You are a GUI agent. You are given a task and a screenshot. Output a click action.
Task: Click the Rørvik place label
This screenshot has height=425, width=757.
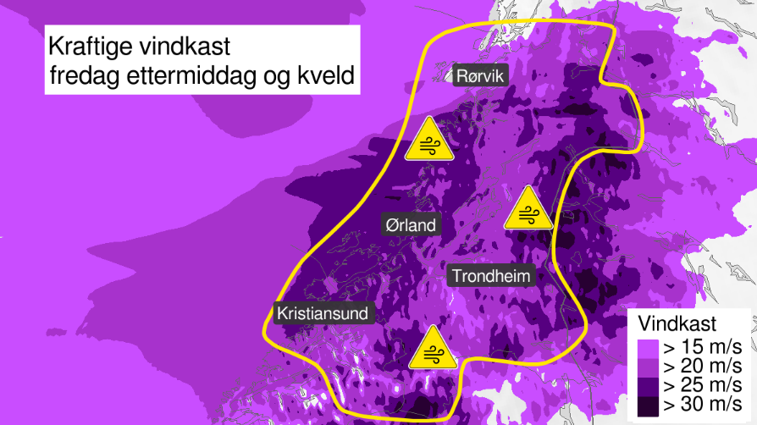(479, 77)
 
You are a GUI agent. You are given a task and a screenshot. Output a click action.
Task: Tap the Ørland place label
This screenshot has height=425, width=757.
(409, 225)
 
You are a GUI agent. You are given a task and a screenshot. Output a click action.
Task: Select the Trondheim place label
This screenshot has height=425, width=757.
(491, 276)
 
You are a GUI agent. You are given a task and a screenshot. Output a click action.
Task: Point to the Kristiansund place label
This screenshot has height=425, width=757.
(323, 313)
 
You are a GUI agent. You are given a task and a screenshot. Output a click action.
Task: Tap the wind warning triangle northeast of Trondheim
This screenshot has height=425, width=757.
(528, 209)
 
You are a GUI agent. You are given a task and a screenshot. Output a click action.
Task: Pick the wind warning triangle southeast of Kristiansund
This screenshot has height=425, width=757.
(433, 349)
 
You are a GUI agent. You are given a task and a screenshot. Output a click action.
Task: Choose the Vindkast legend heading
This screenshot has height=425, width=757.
(677, 323)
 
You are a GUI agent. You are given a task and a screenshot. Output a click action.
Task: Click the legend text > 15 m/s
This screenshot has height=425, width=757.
(702, 346)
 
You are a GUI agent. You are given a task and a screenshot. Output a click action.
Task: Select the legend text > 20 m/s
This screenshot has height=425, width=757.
(702, 367)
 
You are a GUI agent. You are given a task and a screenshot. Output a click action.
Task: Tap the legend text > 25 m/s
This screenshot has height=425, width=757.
(702, 387)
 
